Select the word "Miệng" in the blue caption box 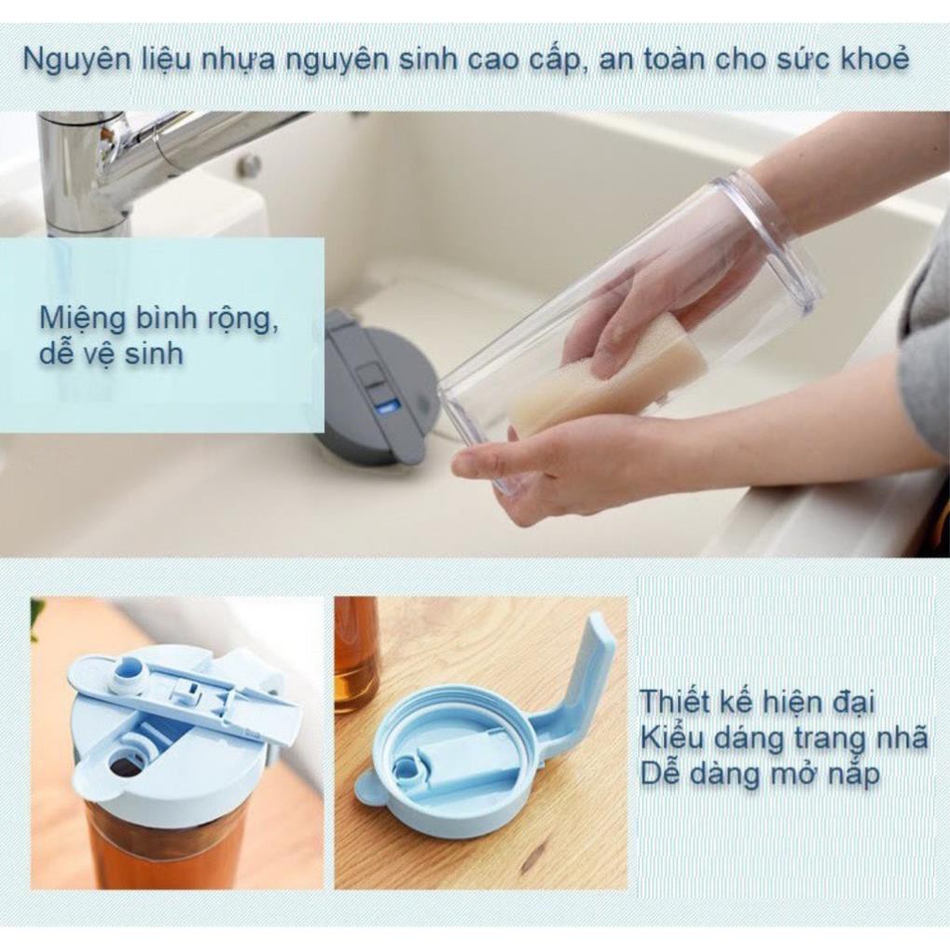click(x=83, y=319)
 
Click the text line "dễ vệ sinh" click(x=111, y=355)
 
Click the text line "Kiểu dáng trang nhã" click(x=783, y=737)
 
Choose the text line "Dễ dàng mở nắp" click(x=760, y=774)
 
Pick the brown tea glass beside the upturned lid click(x=357, y=653)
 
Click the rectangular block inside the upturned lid click(x=461, y=760)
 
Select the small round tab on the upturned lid click(x=369, y=788)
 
